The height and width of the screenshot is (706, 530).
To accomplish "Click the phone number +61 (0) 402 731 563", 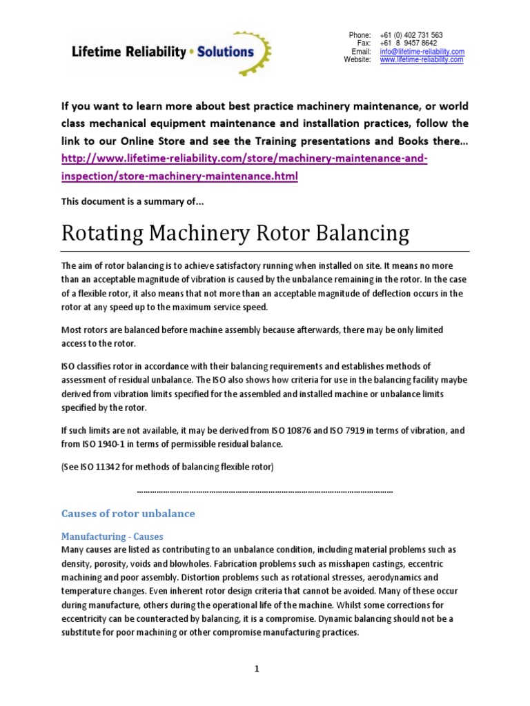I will [x=411, y=35].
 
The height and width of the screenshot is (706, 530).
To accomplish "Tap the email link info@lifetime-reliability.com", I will [x=422, y=52].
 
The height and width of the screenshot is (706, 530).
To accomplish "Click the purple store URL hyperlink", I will [x=245, y=168].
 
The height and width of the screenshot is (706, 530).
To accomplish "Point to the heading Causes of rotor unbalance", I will [x=128, y=514].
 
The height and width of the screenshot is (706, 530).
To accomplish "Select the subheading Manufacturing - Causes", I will [x=112, y=536].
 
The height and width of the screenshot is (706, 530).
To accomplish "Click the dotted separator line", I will [x=265, y=491].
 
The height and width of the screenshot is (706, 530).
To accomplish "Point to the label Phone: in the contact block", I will [x=360, y=35].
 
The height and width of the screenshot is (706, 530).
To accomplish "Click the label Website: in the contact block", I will [x=357, y=60].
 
